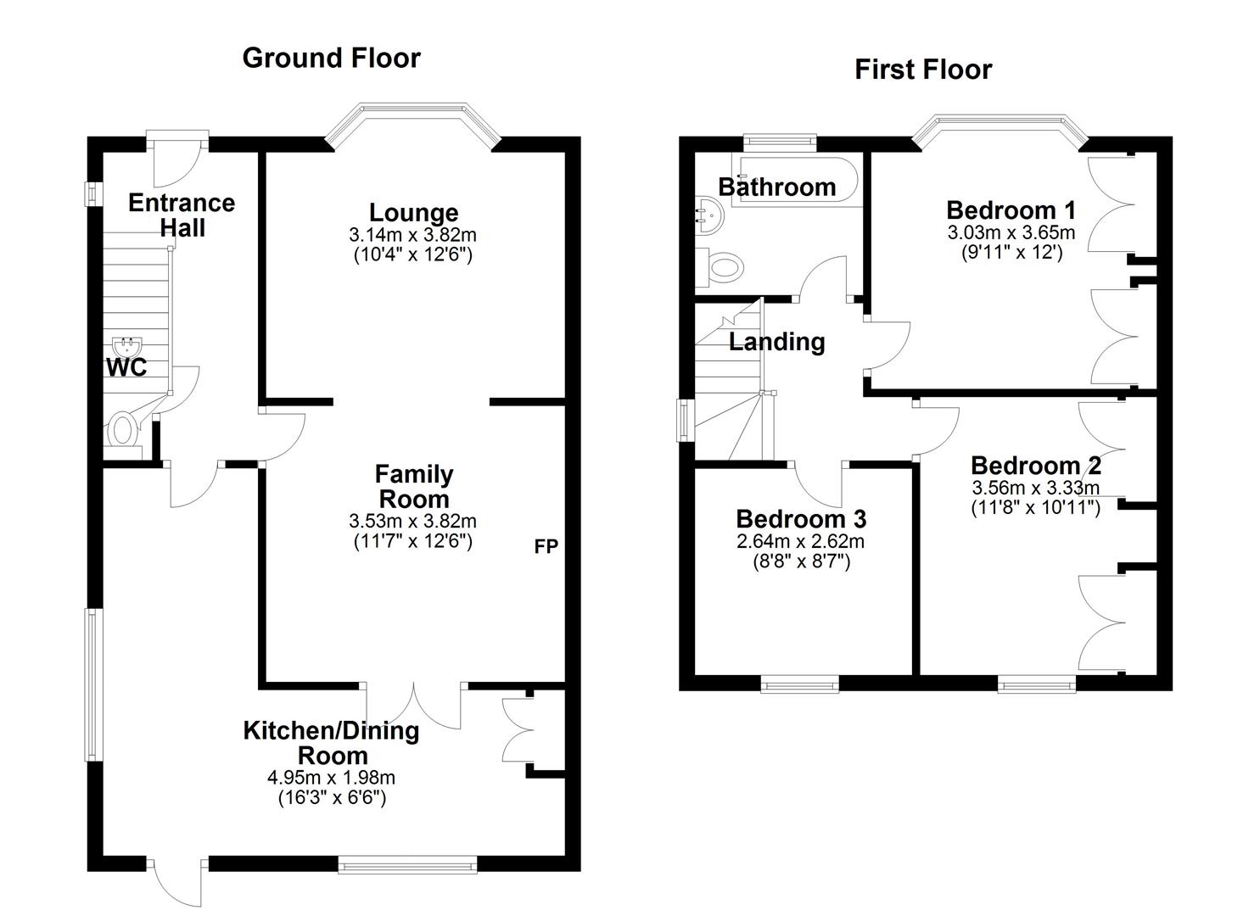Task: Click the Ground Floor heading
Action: click(331, 58)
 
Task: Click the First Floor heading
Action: click(922, 69)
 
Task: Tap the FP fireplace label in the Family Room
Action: click(546, 547)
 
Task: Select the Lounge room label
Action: click(413, 212)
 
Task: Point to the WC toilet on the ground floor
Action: click(123, 428)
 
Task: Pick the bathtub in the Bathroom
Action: click(798, 180)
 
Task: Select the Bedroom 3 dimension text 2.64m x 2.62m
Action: click(800, 541)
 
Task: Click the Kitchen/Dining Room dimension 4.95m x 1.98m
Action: click(331, 777)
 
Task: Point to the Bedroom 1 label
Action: click(1011, 209)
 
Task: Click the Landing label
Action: click(776, 342)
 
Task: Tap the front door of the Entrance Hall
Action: click(176, 161)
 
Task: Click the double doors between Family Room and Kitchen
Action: click(415, 704)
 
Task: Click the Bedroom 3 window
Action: click(799, 684)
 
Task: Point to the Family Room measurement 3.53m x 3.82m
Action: click(412, 521)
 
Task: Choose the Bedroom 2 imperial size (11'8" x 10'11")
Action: click(1035, 507)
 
